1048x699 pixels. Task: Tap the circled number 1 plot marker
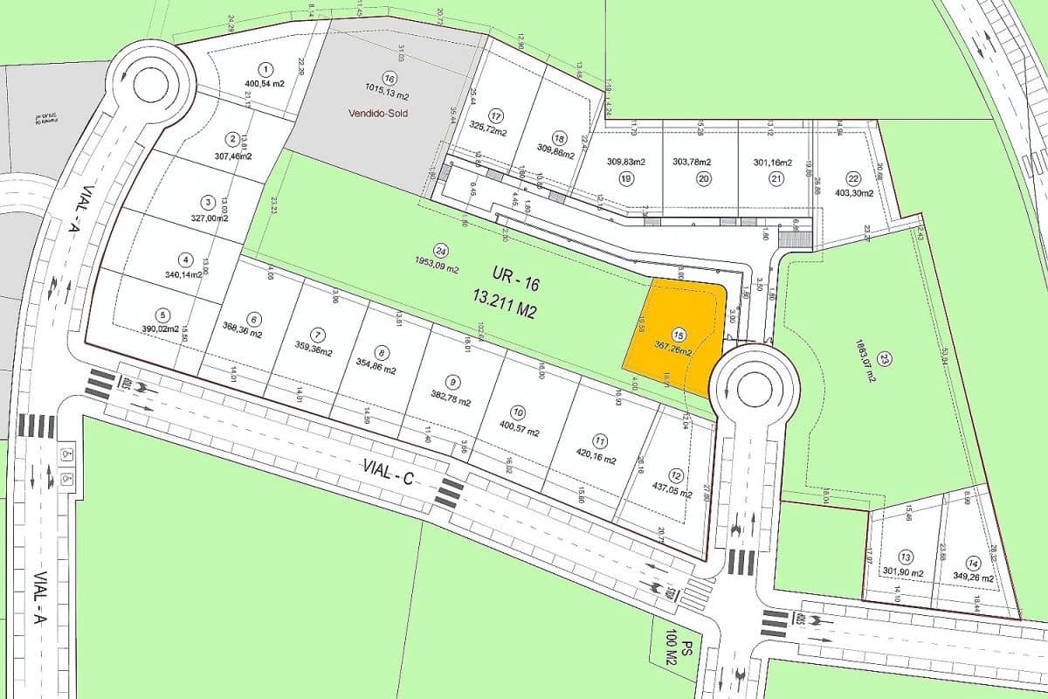[265, 68]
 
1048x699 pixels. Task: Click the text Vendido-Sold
[378, 114]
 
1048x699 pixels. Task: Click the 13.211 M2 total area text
[504, 310]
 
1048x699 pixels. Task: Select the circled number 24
[440, 248]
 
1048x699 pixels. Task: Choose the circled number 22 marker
[853, 178]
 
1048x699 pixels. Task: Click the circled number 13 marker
[906, 557]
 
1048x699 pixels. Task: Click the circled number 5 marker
[162, 315]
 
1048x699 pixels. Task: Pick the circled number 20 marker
[703, 178]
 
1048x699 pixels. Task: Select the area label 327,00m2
[210, 218]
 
